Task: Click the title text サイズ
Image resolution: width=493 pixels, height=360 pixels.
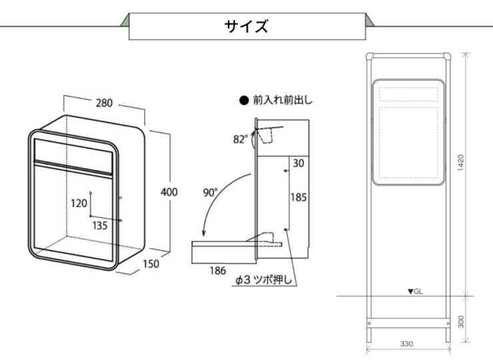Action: click(246, 26)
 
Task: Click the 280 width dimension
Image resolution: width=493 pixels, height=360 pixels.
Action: click(104, 103)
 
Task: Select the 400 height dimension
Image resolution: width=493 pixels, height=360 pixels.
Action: click(169, 192)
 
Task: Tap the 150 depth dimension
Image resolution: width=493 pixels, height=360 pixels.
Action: click(152, 264)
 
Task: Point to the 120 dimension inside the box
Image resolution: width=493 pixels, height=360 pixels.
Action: click(79, 203)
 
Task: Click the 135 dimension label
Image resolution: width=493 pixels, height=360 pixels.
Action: click(100, 225)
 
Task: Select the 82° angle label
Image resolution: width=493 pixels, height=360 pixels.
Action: click(241, 139)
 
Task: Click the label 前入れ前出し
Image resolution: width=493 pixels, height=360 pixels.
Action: click(282, 101)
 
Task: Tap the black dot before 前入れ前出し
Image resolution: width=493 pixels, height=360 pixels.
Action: click(243, 101)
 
